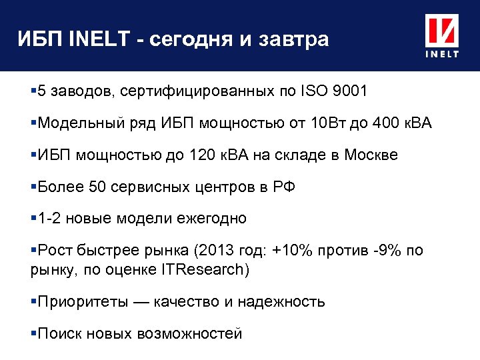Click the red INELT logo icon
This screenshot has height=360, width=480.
pyautogui.click(x=442, y=32)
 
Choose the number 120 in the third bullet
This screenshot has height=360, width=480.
pyautogui.click(x=211, y=155)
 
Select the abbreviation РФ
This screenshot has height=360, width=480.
pyautogui.click(x=283, y=187)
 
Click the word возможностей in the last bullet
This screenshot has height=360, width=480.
pyautogui.click(x=190, y=333)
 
